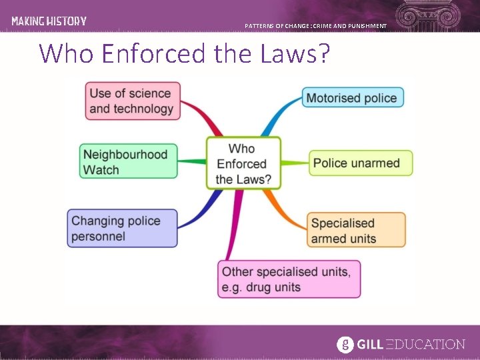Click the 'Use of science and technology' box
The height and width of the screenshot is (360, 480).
pyautogui.click(x=133, y=101)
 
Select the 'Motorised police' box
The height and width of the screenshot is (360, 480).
pyautogui.click(x=352, y=98)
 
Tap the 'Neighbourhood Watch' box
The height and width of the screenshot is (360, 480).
pyautogui.click(x=128, y=162)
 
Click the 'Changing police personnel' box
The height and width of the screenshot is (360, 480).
pyautogui.click(x=122, y=228)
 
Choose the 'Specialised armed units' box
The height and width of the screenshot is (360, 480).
pyautogui.click(x=356, y=231)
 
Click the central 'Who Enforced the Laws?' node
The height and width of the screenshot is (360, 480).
pyautogui.click(x=243, y=163)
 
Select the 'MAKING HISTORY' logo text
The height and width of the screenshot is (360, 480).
pyautogui.click(x=49, y=21)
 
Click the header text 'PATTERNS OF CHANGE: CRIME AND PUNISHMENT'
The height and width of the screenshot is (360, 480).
pyautogui.click(x=315, y=26)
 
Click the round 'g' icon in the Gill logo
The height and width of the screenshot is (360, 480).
pyautogui.click(x=344, y=344)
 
